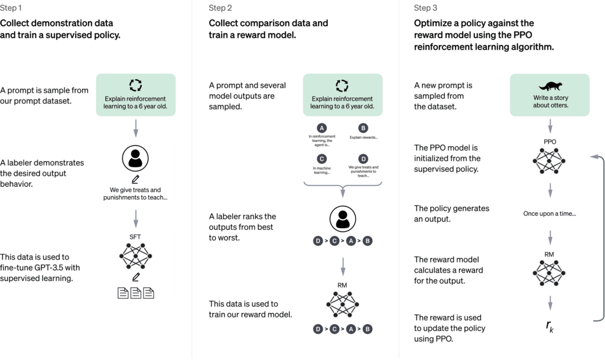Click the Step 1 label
[11, 8]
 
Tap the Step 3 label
[425, 8]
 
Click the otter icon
[550, 86]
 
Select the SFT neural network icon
[135, 256]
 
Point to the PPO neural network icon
[549, 161]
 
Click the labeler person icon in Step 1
[135, 158]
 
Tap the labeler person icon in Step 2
[343, 219]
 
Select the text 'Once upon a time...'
[549, 213]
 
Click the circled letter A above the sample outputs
[322, 128]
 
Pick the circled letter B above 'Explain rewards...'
[363, 128]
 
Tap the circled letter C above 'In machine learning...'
[322, 159]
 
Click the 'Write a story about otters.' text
[551, 102]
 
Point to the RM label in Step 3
[549, 254]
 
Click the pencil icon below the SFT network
[136, 277]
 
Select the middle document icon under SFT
[136, 293]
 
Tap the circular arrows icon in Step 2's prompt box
[342, 85]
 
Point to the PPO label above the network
[550, 142]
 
